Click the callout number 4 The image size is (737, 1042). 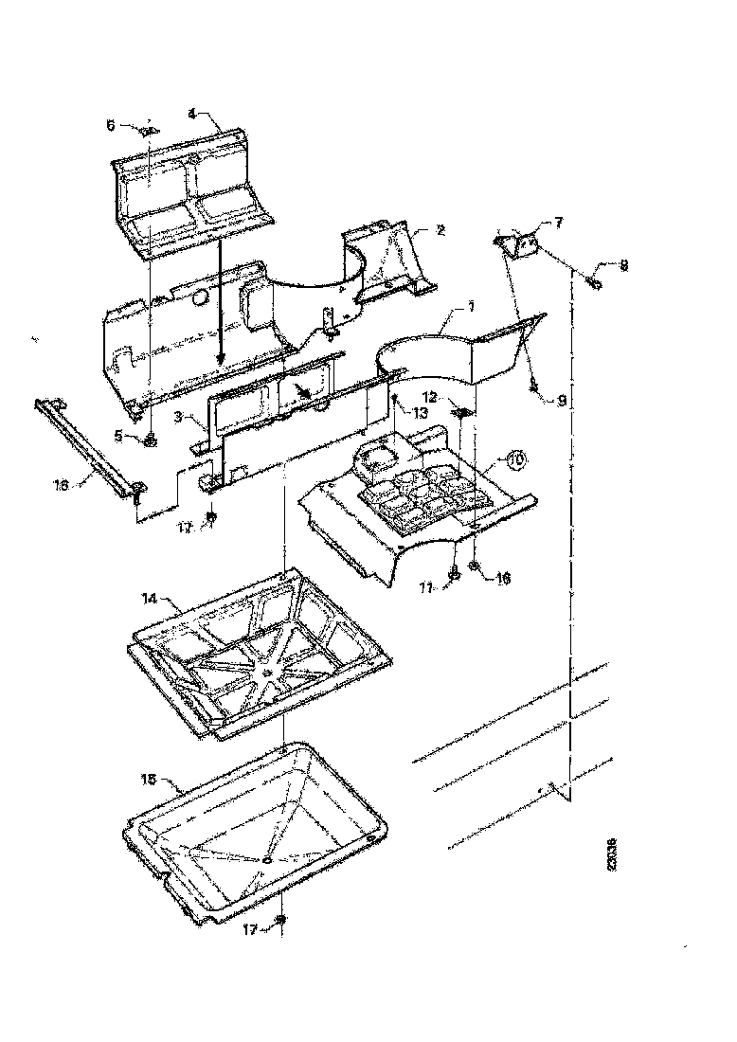[191, 113]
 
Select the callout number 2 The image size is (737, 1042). [440, 230]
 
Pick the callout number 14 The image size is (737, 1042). [149, 600]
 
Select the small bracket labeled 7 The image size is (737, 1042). [520, 243]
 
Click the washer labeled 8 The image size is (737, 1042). [593, 281]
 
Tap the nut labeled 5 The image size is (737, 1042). [151, 439]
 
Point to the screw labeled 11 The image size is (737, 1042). [456, 571]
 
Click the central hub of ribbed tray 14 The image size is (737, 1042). [271, 674]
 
